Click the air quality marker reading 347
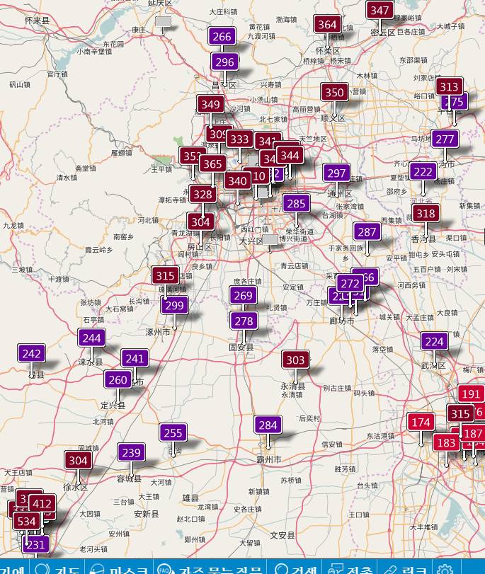click(x=380, y=10)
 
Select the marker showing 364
click(x=327, y=24)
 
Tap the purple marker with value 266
click(x=222, y=37)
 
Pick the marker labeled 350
click(x=333, y=92)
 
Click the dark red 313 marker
click(x=448, y=87)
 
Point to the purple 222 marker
click(x=423, y=172)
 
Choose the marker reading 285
click(x=296, y=204)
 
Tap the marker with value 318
click(x=426, y=214)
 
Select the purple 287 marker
click(x=367, y=231)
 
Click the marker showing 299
click(x=174, y=306)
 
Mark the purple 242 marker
click(x=31, y=354)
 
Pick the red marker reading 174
click(x=421, y=423)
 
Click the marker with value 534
click(x=26, y=522)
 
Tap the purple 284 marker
click(x=268, y=425)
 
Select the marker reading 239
click(x=131, y=453)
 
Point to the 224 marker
click(x=434, y=342)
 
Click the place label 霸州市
click(x=268, y=460)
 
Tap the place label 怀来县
click(x=37, y=21)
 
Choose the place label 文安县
click(x=283, y=535)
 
